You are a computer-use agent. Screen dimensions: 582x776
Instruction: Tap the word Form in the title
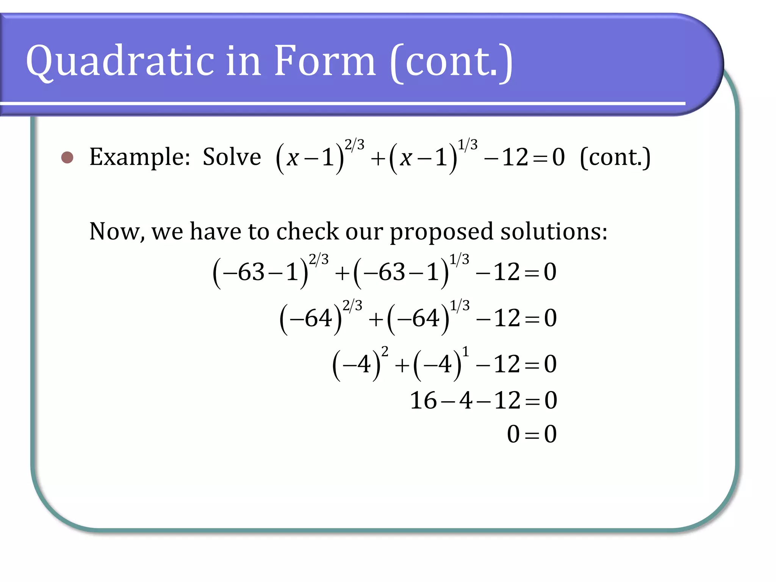(324, 61)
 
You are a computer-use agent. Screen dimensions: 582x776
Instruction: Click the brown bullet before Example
(67, 157)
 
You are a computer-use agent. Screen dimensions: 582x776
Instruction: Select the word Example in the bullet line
(139, 157)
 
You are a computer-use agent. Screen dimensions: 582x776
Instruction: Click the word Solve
(232, 157)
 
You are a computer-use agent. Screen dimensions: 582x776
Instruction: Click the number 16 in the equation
(423, 401)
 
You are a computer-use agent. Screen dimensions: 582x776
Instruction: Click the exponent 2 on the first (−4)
(385, 352)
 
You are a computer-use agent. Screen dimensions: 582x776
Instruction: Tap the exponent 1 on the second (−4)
(465, 352)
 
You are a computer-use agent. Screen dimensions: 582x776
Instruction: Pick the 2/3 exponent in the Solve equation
(354, 145)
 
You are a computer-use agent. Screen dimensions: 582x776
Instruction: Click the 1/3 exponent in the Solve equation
(468, 145)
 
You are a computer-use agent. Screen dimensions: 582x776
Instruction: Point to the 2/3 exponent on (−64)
(352, 305)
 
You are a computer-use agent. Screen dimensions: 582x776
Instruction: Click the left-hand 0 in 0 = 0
(513, 434)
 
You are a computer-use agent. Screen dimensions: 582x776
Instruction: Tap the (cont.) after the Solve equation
(615, 157)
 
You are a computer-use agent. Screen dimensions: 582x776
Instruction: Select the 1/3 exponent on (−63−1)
(459, 260)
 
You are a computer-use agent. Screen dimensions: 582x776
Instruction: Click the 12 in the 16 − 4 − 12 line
(507, 401)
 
